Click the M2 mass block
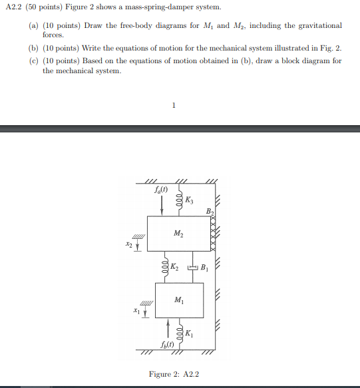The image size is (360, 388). (x=178, y=233)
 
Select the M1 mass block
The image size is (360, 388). (x=178, y=300)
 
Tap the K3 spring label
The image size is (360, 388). (x=189, y=200)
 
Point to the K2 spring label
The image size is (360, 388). (x=174, y=268)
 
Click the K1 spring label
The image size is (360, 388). (x=190, y=333)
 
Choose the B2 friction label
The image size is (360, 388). (x=210, y=212)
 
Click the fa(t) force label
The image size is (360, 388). (x=161, y=190)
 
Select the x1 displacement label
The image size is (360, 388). (x=136, y=310)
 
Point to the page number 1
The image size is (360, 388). (x=174, y=105)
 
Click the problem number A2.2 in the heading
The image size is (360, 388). (x=14, y=7)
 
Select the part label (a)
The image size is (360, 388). (x=33, y=25)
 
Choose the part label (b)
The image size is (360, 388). (x=33, y=49)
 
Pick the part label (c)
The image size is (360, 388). (x=33, y=61)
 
